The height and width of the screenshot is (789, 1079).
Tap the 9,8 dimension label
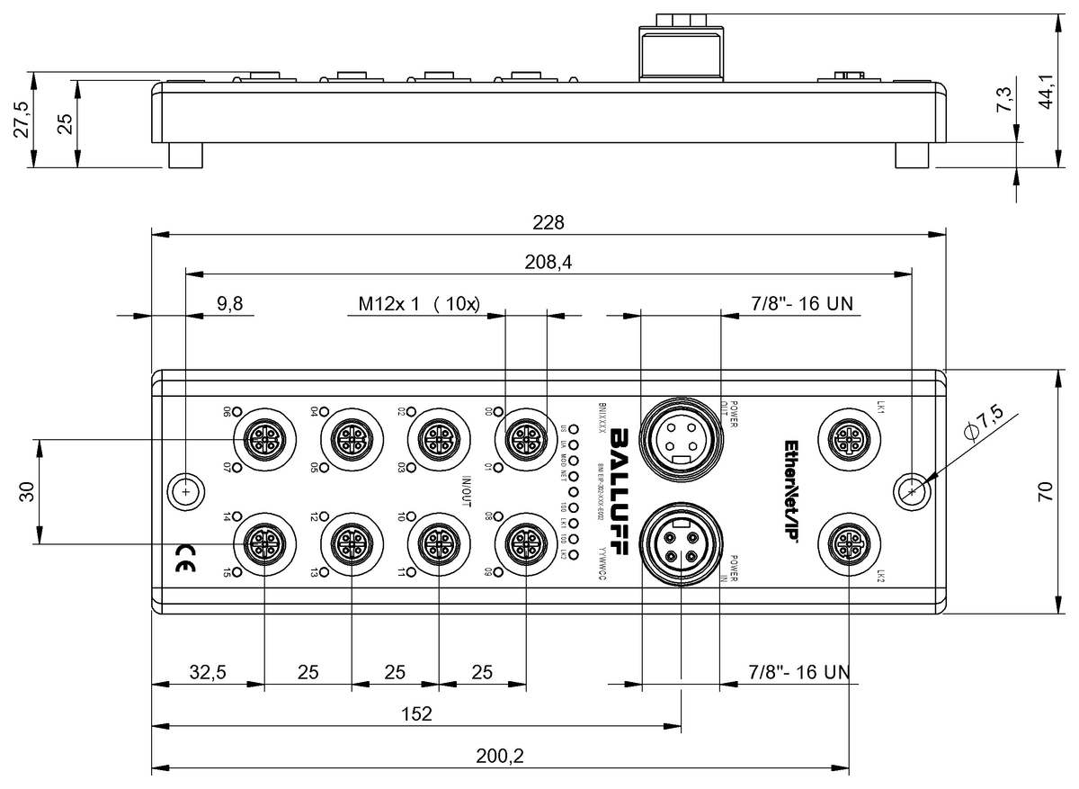point(230,304)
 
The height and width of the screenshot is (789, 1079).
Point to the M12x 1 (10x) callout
point(417,304)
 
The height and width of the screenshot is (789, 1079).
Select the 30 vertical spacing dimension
point(26,491)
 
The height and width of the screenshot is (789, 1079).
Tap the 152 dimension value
point(416,714)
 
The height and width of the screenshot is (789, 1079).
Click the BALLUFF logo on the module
point(620,492)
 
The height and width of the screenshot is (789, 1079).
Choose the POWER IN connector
point(681,544)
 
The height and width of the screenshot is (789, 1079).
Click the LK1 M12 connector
point(849,439)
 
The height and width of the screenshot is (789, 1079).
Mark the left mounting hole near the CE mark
point(184,491)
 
